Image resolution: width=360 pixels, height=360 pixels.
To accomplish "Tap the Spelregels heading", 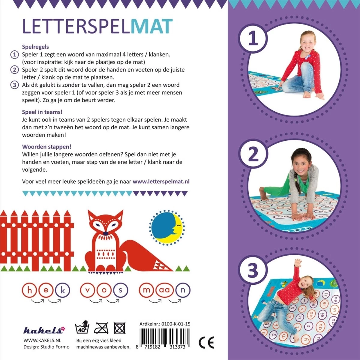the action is pos(35,47).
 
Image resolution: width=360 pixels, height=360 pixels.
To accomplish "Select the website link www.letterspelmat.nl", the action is pos(161,181).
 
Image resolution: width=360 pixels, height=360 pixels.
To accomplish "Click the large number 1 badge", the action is pos(253,39).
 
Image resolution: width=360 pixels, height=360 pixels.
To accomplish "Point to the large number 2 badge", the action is pos(253,155).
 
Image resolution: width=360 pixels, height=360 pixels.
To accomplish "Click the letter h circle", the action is pos(30,290).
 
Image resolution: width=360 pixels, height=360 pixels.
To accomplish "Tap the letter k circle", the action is pos(63,290).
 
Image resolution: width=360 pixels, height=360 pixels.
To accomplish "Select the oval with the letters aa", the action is pos(165,290).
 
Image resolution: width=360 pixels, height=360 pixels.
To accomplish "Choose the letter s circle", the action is pos(121,290).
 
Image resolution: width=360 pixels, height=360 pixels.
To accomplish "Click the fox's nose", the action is pos(106,233).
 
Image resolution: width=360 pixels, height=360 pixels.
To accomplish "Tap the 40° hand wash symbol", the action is pos(82,328).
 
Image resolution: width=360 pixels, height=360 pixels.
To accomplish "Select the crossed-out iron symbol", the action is pos(101,328).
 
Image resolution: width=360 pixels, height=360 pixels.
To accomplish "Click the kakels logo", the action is pos(44,330).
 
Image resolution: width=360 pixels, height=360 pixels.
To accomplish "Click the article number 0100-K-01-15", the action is pos(176,324).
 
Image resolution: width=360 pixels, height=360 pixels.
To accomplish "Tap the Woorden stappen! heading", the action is pos(47,147).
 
